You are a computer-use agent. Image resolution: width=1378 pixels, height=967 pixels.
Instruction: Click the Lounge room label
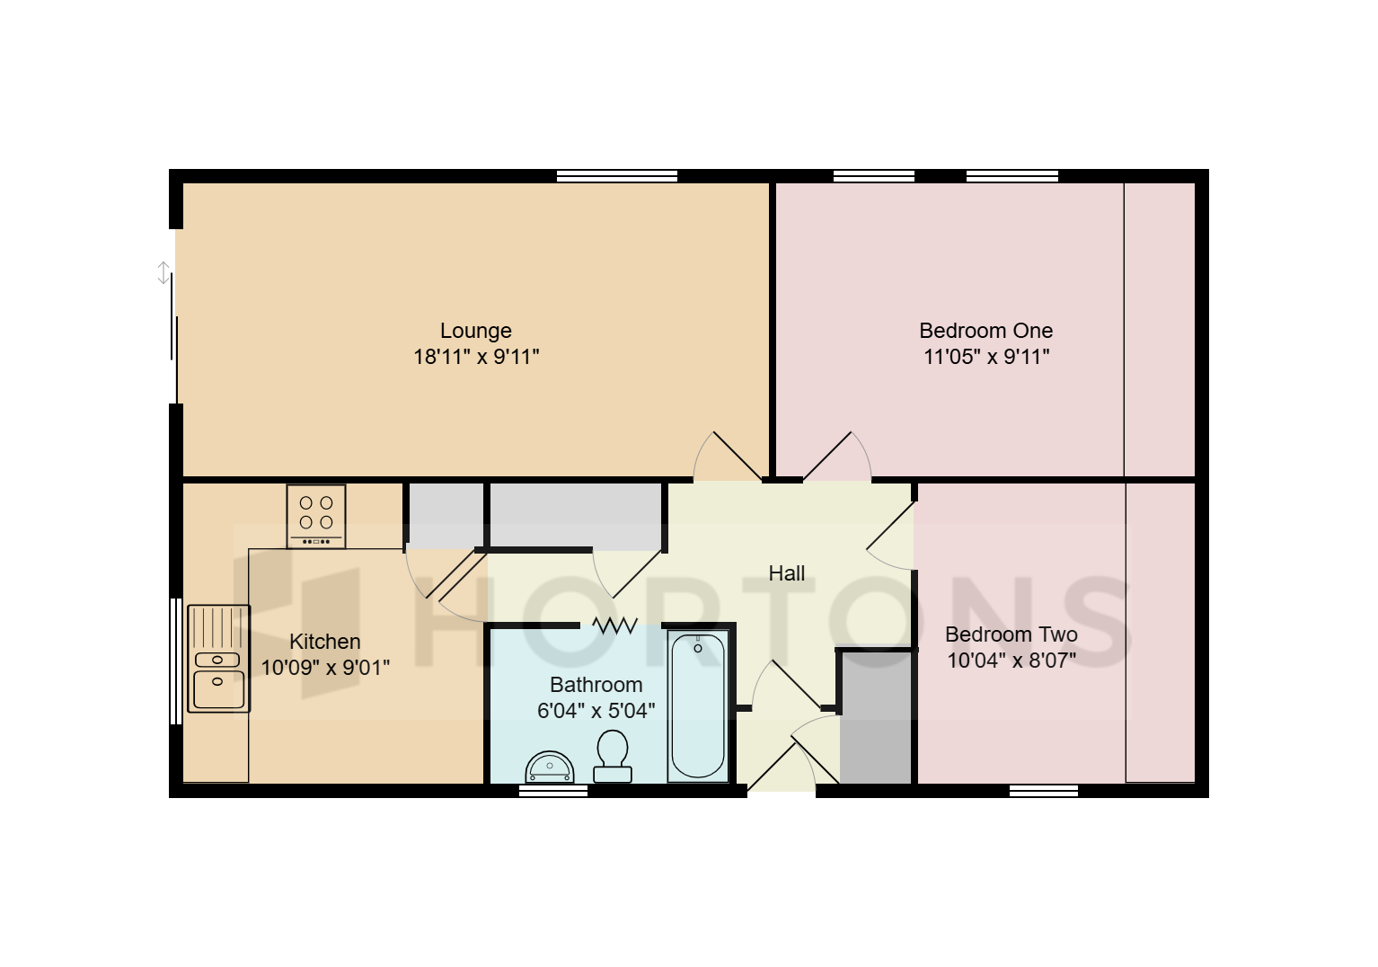point(475,331)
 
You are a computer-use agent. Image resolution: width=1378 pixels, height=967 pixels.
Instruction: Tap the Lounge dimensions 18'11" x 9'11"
point(475,357)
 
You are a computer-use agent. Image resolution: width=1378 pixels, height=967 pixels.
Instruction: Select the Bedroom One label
point(985,331)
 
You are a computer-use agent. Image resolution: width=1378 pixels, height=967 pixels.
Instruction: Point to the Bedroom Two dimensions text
point(1011,661)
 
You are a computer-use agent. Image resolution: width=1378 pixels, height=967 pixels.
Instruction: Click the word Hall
point(786,573)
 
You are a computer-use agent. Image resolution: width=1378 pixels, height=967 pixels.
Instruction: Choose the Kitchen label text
point(325,642)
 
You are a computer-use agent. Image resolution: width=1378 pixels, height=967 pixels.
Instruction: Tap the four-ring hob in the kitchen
point(316,517)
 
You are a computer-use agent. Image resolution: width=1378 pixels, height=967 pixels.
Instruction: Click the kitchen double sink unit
point(218,659)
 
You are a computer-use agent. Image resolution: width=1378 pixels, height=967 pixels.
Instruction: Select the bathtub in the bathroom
point(698,705)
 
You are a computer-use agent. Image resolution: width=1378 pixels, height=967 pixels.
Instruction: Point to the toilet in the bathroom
point(612,756)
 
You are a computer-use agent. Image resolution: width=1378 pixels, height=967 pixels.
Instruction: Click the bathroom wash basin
point(550,767)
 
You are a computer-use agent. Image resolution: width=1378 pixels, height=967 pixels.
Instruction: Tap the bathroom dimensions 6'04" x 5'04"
point(596,711)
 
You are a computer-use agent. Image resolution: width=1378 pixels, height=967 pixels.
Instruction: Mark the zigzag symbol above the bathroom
point(614,625)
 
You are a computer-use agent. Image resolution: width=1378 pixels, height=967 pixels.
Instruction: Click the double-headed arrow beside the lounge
point(163,272)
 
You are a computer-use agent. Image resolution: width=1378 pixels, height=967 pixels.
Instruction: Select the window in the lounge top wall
point(617,176)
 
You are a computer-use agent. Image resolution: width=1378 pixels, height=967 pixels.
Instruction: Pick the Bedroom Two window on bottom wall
point(1043,791)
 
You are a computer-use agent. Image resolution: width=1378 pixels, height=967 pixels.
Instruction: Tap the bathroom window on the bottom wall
point(553,791)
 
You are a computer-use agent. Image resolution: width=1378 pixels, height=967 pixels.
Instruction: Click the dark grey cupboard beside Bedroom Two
point(876,718)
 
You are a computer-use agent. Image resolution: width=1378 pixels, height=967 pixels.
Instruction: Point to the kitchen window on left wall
point(176,661)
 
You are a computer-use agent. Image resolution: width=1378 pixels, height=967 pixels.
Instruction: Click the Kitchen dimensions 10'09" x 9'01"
point(325,667)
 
